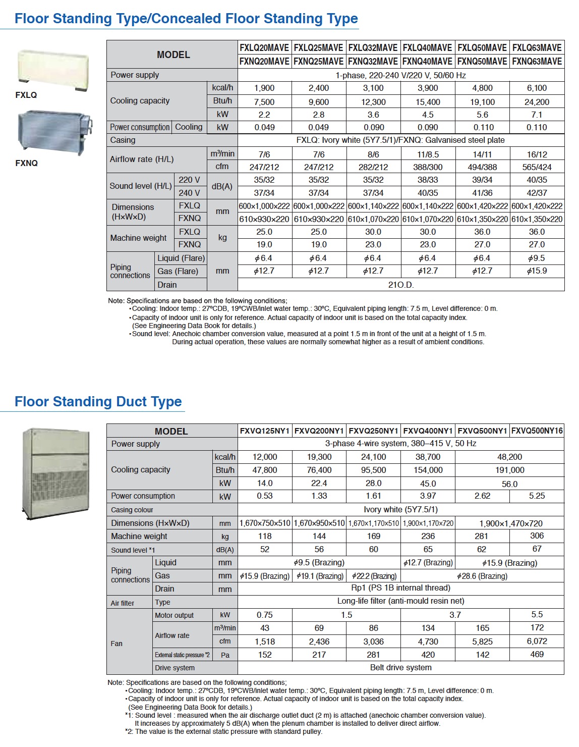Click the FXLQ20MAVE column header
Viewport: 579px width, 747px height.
point(264,48)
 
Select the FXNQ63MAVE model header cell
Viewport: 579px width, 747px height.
point(537,62)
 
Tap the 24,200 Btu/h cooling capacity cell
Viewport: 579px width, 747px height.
point(537,101)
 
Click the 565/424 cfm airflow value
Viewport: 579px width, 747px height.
point(537,167)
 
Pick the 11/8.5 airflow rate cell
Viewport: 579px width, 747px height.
point(428,154)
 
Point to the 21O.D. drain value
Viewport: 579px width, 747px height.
point(401,285)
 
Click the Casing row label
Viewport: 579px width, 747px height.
point(123,140)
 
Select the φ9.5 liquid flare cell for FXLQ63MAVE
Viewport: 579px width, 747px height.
point(537,258)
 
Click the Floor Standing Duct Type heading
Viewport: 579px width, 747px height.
point(98,402)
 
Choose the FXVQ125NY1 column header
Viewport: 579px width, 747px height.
point(265,431)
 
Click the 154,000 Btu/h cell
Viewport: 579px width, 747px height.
point(428,470)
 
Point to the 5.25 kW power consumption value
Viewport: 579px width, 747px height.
point(537,496)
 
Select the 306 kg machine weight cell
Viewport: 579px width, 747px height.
point(537,536)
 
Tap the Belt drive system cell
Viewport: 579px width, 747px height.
point(401,667)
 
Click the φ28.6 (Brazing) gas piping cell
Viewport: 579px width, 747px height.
point(482,576)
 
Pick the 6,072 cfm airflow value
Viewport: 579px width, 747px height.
point(537,641)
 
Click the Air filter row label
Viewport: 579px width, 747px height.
point(123,603)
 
